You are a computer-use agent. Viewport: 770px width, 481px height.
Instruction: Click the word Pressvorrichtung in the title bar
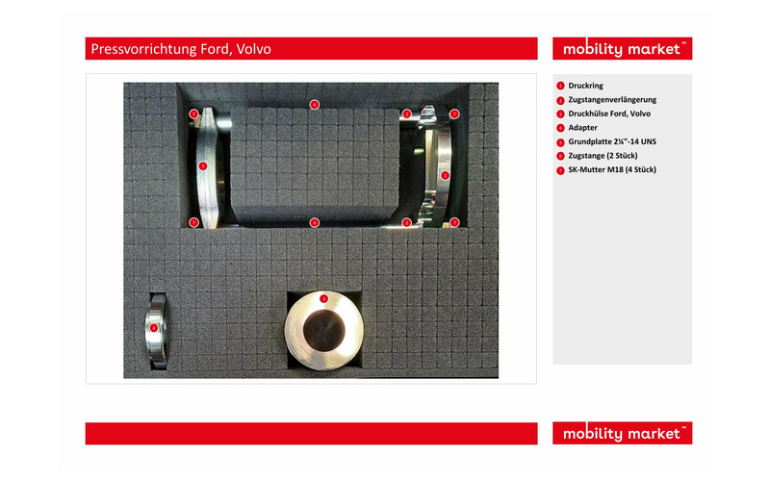click(x=143, y=49)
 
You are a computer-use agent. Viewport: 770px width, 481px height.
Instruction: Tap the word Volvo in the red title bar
click(x=253, y=49)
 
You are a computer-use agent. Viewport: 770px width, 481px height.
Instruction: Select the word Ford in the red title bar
click(x=216, y=49)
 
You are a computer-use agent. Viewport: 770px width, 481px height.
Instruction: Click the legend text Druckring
click(x=585, y=86)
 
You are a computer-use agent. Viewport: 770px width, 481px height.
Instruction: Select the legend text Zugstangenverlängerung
click(x=612, y=100)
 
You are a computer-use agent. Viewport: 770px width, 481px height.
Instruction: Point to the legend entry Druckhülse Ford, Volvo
click(x=609, y=114)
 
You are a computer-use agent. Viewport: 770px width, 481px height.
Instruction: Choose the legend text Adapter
click(x=582, y=128)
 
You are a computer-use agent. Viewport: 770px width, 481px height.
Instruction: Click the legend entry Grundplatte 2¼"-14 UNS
click(x=612, y=141)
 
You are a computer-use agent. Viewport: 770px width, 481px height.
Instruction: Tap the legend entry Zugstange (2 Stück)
click(x=603, y=156)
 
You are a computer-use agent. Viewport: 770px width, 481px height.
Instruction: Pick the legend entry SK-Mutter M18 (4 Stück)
click(x=612, y=170)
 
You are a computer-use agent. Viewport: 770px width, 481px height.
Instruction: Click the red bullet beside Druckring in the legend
click(x=560, y=86)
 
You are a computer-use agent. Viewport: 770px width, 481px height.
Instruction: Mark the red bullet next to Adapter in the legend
click(x=560, y=128)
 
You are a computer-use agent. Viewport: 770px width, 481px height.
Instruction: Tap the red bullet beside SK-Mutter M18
click(x=560, y=171)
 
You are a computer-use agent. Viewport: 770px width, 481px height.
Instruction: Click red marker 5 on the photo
click(x=203, y=166)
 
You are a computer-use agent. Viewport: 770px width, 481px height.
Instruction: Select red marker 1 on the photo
click(x=445, y=175)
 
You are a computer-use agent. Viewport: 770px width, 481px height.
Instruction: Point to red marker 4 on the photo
click(x=154, y=328)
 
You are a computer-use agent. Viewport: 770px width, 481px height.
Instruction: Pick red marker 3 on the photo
click(x=323, y=298)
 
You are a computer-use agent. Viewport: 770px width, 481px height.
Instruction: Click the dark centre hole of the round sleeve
click(x=324, y=331)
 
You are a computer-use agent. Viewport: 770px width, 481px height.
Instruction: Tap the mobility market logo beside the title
click(x=622, y=49)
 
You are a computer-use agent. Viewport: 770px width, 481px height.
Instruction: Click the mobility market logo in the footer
click(x=622, y=434)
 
